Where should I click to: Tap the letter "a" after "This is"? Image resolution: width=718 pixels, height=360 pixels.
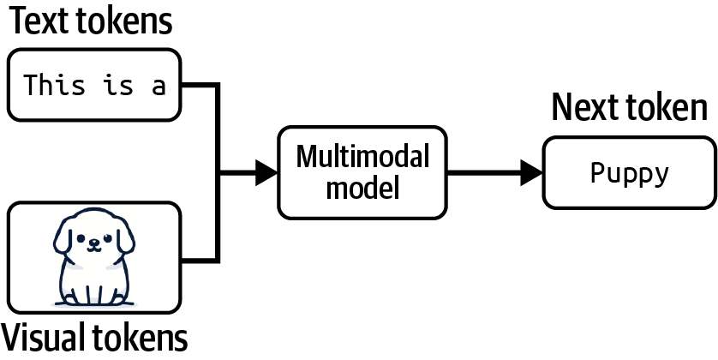tap(159, 86)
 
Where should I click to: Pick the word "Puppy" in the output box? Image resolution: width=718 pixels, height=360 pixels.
tap(630, 174)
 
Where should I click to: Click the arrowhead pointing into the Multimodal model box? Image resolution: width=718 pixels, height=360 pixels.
tap(266, 174)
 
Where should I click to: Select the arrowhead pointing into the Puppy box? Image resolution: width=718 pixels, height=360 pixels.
tap(531, 174)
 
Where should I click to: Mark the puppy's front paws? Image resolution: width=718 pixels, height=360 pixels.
tap(93, 296)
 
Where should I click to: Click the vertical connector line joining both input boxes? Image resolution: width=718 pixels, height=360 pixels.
tap(219, 171)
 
